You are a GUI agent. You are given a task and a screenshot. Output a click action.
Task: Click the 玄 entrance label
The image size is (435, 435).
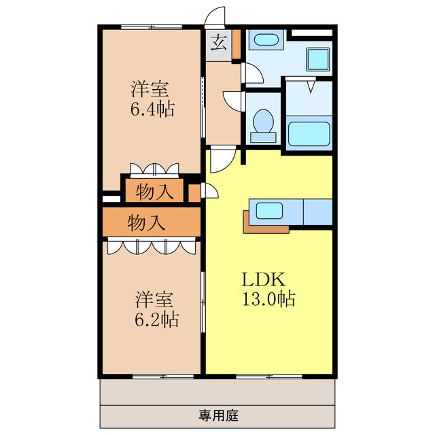(219, 43)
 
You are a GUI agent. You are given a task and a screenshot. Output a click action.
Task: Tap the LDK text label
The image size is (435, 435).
(263, 279)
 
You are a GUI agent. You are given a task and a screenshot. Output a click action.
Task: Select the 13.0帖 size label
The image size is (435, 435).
(268, 299)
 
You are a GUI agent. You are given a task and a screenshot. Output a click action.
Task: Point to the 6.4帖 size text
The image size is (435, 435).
(152, 109)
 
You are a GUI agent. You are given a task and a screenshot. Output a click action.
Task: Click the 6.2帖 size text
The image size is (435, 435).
(156, 319)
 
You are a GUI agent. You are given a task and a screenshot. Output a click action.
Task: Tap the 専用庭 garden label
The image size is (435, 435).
(218, 415)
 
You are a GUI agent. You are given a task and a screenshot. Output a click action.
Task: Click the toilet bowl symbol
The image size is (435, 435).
(263, 126)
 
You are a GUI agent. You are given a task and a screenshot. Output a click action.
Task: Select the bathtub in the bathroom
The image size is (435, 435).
(309, 134)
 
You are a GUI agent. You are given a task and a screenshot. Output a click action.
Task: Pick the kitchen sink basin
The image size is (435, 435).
(269, 211)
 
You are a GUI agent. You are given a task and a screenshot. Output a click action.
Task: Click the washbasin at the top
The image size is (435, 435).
(266, 39)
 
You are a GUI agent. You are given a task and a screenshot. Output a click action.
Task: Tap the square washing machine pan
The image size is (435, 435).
(318, 59)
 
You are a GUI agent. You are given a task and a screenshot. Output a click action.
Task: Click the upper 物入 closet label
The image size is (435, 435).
(154, 192)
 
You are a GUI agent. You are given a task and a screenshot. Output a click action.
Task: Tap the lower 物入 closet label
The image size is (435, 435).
(146, 222)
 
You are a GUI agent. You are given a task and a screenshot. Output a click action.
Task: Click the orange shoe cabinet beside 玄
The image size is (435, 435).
(237, 44)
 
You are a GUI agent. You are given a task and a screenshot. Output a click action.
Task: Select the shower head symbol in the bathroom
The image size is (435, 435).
(311, 87)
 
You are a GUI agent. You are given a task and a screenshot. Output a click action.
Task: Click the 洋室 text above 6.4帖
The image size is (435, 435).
(150, 89)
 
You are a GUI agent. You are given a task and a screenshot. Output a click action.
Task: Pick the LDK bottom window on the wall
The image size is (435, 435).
(269, 377)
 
